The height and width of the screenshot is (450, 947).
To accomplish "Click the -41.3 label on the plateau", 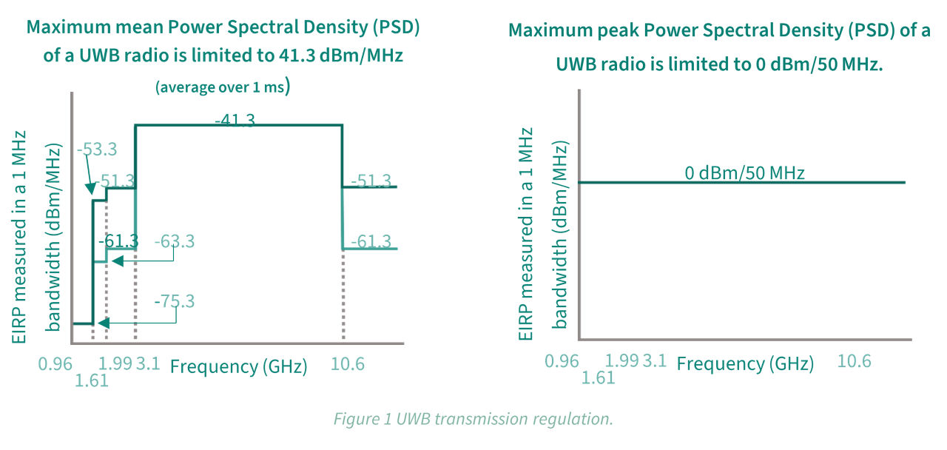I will (235, 120).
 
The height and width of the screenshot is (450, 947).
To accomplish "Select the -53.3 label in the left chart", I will (97, 149).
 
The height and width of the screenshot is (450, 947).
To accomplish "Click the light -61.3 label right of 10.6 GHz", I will (371, 242).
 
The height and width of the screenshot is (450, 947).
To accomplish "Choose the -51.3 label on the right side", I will (371, 181).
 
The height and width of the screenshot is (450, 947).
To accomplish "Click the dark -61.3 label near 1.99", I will (118, 241).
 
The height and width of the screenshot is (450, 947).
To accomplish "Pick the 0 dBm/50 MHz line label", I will (744, 174).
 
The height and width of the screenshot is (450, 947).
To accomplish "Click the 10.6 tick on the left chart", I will (348, 363).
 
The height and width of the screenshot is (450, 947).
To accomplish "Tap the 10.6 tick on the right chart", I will (854, 360).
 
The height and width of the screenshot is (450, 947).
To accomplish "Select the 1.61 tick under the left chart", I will (92, 380).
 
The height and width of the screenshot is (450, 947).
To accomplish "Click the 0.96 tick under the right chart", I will (562, 360).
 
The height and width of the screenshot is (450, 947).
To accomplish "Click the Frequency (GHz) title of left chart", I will (239, 366).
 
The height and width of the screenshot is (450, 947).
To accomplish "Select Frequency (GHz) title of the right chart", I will (745, 363).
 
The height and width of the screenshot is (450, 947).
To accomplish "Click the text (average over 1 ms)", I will (222, 87).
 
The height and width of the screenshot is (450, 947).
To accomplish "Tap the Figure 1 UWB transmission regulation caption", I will (473, 419).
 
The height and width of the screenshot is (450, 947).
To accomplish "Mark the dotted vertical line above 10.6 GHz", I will (343, 296).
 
